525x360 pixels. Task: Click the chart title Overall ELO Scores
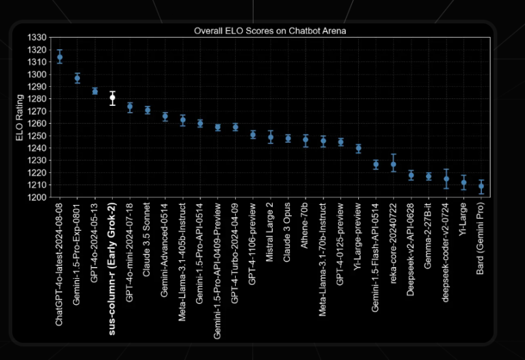(270, 31)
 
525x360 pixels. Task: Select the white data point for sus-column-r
(112, 98)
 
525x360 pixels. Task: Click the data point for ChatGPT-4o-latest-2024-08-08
(59, 57)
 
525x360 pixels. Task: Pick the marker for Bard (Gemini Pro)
(481, 186)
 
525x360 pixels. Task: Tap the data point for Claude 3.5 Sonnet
(148, 110)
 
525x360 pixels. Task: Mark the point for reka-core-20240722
(393, 164)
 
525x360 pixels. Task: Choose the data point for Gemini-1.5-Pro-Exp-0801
(77, 78)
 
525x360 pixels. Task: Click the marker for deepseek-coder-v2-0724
(446, 179)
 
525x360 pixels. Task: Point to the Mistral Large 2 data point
(271, 137)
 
